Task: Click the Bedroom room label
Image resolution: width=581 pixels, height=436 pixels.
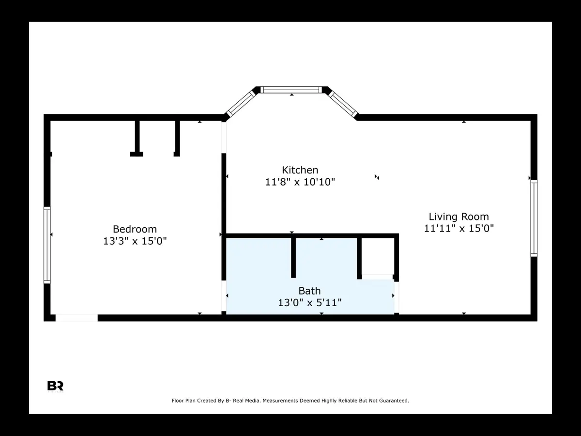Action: click(135, 229)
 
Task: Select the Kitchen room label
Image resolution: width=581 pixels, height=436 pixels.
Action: click(300, 170)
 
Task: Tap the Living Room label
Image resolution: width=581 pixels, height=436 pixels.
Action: click(459, 217)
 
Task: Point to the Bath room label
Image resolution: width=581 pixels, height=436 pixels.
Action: click(309, 291)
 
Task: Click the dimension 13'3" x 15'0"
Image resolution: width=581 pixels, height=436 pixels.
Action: click(135, 241)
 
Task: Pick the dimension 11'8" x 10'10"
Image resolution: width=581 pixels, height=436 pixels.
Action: click(300, 182)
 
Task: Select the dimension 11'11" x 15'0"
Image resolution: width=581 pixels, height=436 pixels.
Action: click(459, 229)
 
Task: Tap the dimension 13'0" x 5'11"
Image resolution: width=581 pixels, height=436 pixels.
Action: click(309, 303)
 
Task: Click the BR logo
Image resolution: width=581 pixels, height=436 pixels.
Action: click(55, 386)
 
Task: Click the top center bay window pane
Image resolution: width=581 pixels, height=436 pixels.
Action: click(291, 90)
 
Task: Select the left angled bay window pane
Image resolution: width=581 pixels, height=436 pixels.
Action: click(241, 103)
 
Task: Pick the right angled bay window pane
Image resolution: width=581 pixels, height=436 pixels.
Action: click(342, 103)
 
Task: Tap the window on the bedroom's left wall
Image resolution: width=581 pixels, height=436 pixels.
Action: click(47, 245)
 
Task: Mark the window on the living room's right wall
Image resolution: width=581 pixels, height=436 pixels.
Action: click(534, 218)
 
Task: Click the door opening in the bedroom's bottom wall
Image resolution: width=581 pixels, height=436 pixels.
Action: click(76, 318)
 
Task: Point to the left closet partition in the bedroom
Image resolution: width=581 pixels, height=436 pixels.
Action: click(137, 139)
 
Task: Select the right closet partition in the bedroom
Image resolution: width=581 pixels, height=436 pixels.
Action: click(177, 139)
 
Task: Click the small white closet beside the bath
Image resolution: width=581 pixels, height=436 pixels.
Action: click(378, 257)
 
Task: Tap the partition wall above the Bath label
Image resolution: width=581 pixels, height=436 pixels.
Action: click(293, 257)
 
